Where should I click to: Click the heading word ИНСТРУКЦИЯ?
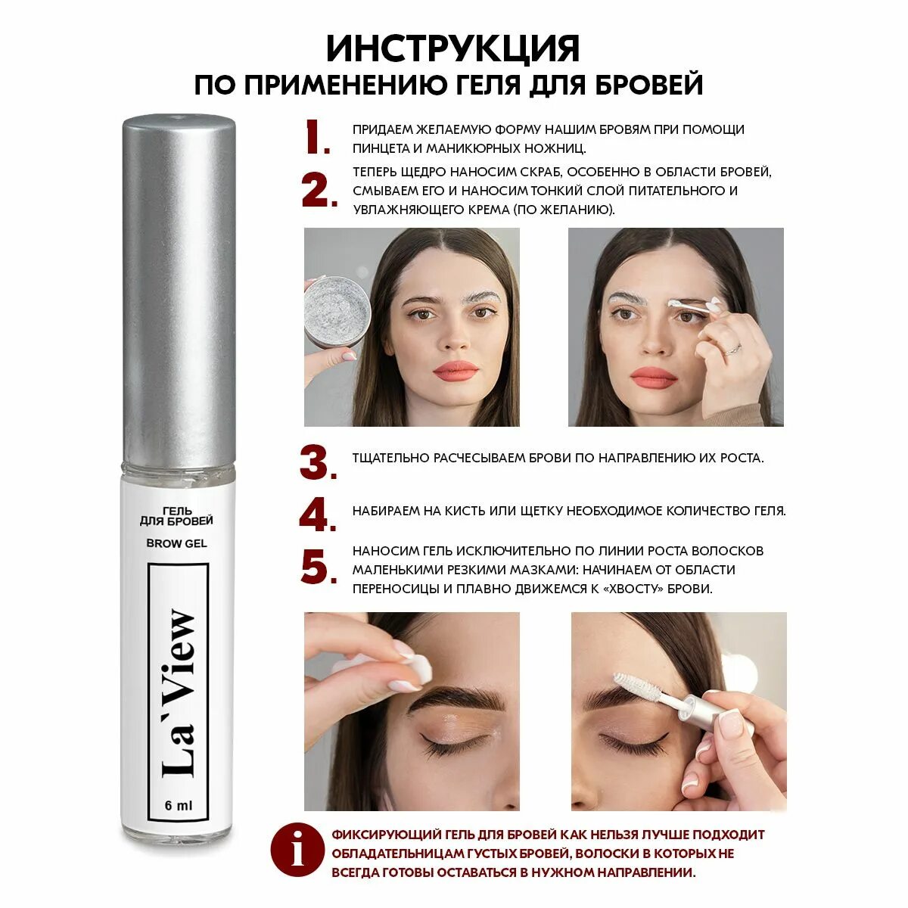[x=452, y=48]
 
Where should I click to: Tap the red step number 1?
[x=316, y=137]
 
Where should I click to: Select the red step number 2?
[x=319, y=191]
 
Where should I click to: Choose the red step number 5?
[x=319, y=567]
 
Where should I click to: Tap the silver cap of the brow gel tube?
[x=179, y=289]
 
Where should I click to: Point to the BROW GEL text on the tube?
[x=177, y=543]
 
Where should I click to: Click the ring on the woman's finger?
[x=732, y=349]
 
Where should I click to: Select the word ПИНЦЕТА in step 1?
[x=381, y=148]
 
